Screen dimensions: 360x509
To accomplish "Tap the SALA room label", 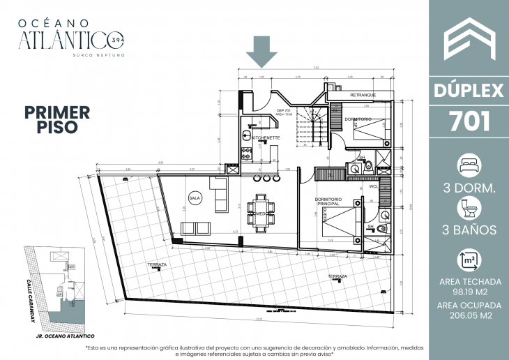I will click(195, 198).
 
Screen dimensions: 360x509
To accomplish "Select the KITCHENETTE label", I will click(266, 138).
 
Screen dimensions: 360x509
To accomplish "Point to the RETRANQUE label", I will click(363, 95).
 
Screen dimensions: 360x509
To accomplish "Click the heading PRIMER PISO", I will click(57, 119).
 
